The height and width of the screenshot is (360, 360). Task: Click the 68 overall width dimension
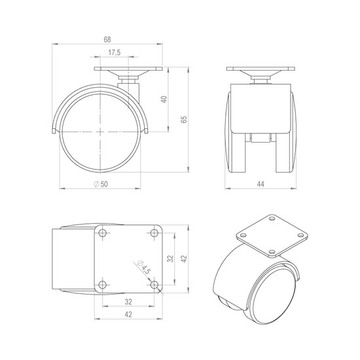tap(107, 40)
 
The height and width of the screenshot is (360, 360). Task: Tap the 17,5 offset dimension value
tap(115, 53)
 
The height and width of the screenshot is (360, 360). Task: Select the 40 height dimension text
tap(164, 99)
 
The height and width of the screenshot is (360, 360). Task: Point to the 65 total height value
tap(184, 120)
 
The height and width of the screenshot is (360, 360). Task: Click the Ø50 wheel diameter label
tap(101, 184)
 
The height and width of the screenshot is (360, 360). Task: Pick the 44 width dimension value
tap(261, 184)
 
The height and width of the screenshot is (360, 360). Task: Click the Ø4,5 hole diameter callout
tap(143, 267)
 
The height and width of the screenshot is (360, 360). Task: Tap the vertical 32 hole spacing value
tap(170, 259)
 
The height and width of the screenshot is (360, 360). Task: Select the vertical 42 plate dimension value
tap(184, 259)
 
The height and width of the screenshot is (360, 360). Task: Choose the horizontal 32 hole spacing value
tap(128, 302)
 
